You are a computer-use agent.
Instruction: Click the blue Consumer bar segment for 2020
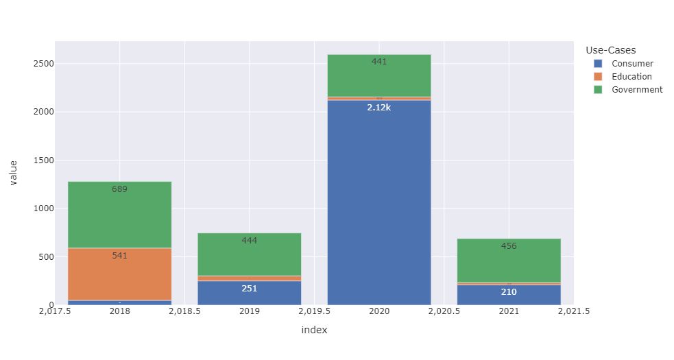click(x=379, y=206)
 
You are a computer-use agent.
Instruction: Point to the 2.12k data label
click(x=379, y=108)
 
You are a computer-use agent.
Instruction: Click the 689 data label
click(x=119, y=189)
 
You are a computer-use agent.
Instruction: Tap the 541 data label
click(x=119, y=256)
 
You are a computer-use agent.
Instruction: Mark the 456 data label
click(x=509, y=246)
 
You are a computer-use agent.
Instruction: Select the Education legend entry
click(x=631, y=77)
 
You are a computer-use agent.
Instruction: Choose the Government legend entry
click(x=637, y=90)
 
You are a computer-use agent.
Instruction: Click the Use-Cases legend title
click(x=611, y=50)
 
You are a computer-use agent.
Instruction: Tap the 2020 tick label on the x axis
click(x=379, y=311)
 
